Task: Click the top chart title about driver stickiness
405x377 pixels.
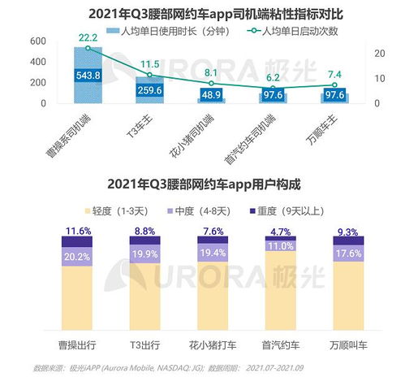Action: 202,12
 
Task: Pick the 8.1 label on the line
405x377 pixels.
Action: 210,72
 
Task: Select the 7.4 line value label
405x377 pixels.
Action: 334,75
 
